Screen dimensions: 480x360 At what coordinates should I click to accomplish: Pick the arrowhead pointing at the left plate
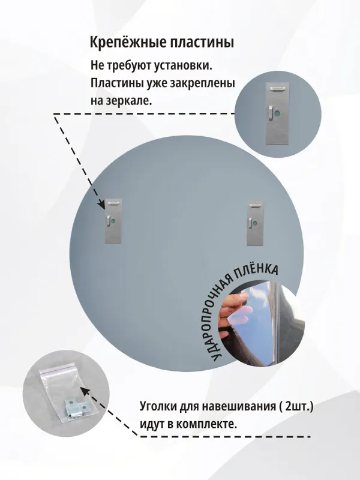pyautogui.click(x=102, y=204)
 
